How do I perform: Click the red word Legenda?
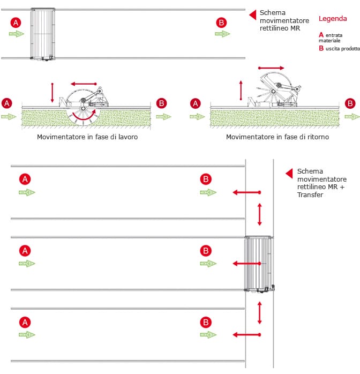(x=333, y=19)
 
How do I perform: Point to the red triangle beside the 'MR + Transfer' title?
(x=289, y=173)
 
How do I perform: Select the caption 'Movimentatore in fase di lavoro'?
(x=88, y=137)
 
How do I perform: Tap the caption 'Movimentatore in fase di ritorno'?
(x=277, y=137)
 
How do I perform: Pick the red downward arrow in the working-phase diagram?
(x=52, y=92)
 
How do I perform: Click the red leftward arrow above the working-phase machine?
(x=84, y=84)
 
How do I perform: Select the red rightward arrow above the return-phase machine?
(x=271, y=68)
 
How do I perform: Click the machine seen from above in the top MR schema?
(x=42, y=34)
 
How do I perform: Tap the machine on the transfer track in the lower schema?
(x=258, y=264)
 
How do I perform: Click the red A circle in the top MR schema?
(x=16, y=23)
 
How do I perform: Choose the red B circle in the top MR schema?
(x=222, y=23)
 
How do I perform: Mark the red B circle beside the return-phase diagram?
(x=350, y=103)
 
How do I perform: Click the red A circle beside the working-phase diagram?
(x=7, y=103)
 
